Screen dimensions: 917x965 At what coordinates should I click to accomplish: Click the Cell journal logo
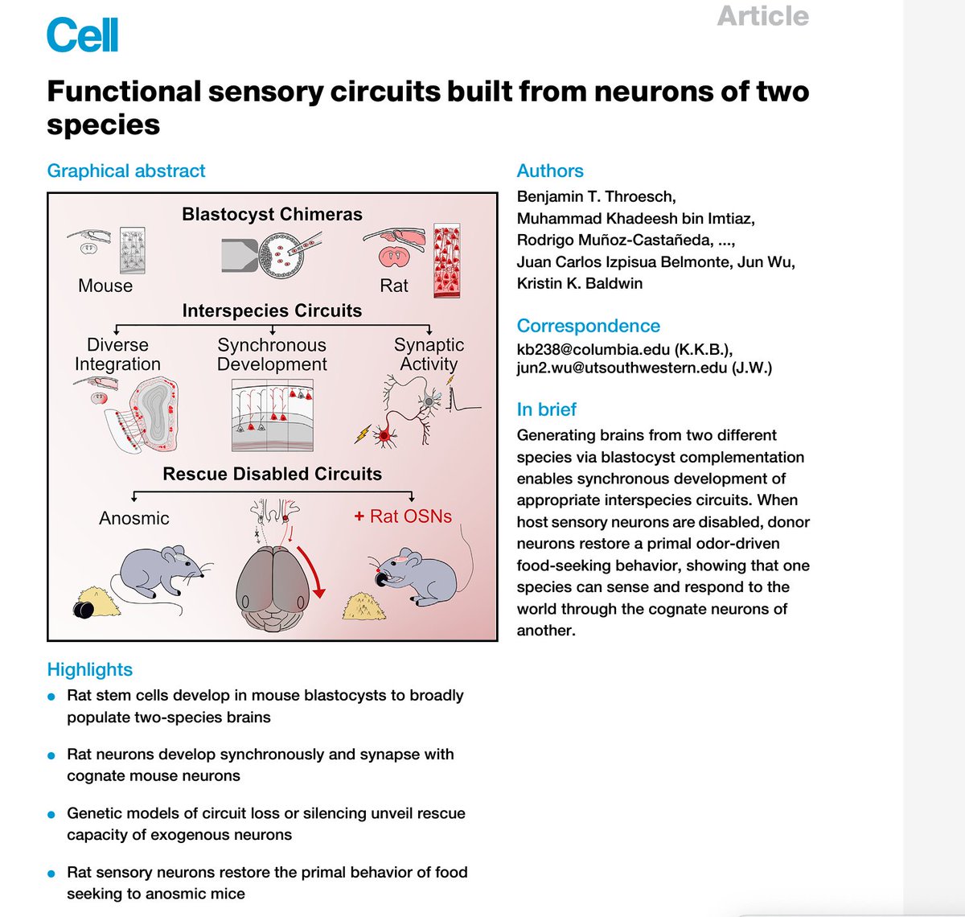(82, 35)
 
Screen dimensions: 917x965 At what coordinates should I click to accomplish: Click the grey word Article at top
(762, 16)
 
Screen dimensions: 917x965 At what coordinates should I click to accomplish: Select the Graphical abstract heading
(126, 171)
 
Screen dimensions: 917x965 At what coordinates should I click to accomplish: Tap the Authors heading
(550, 171)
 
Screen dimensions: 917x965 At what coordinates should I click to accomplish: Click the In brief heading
(546, 409)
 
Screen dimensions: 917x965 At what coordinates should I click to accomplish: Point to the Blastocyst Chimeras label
(272, 214)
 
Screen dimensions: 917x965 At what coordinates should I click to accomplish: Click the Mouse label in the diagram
(105, 286)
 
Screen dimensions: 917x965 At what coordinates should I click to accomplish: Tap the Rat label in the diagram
(394, 286)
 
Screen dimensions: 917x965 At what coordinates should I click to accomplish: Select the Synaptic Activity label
(429, 354)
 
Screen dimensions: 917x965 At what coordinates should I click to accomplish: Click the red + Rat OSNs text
(403, 516)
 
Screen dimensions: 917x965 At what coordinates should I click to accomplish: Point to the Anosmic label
(134, 518)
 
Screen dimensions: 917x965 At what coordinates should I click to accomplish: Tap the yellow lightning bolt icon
(363, 434)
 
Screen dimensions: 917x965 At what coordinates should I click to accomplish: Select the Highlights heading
(90, 669)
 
